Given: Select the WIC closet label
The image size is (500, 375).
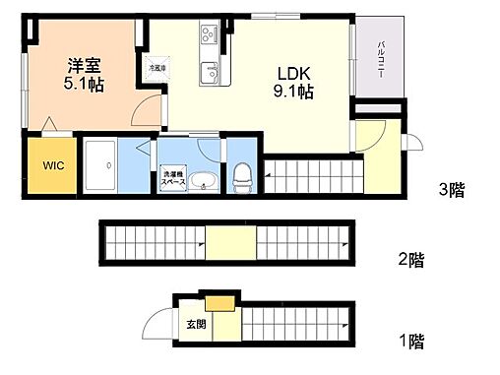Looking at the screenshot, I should pyautogui.click(x=52, y=166).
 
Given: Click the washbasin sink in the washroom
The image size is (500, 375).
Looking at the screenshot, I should pyautogui.click(x=205, y=182).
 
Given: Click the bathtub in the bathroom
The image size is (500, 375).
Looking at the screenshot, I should pyautogui.click(x=102, y=168).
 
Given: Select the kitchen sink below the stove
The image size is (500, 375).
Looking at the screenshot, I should pyautogui.click(x=210, y=72).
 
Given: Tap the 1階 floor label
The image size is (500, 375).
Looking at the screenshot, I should pyautogui.click(x=410, y=343).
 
